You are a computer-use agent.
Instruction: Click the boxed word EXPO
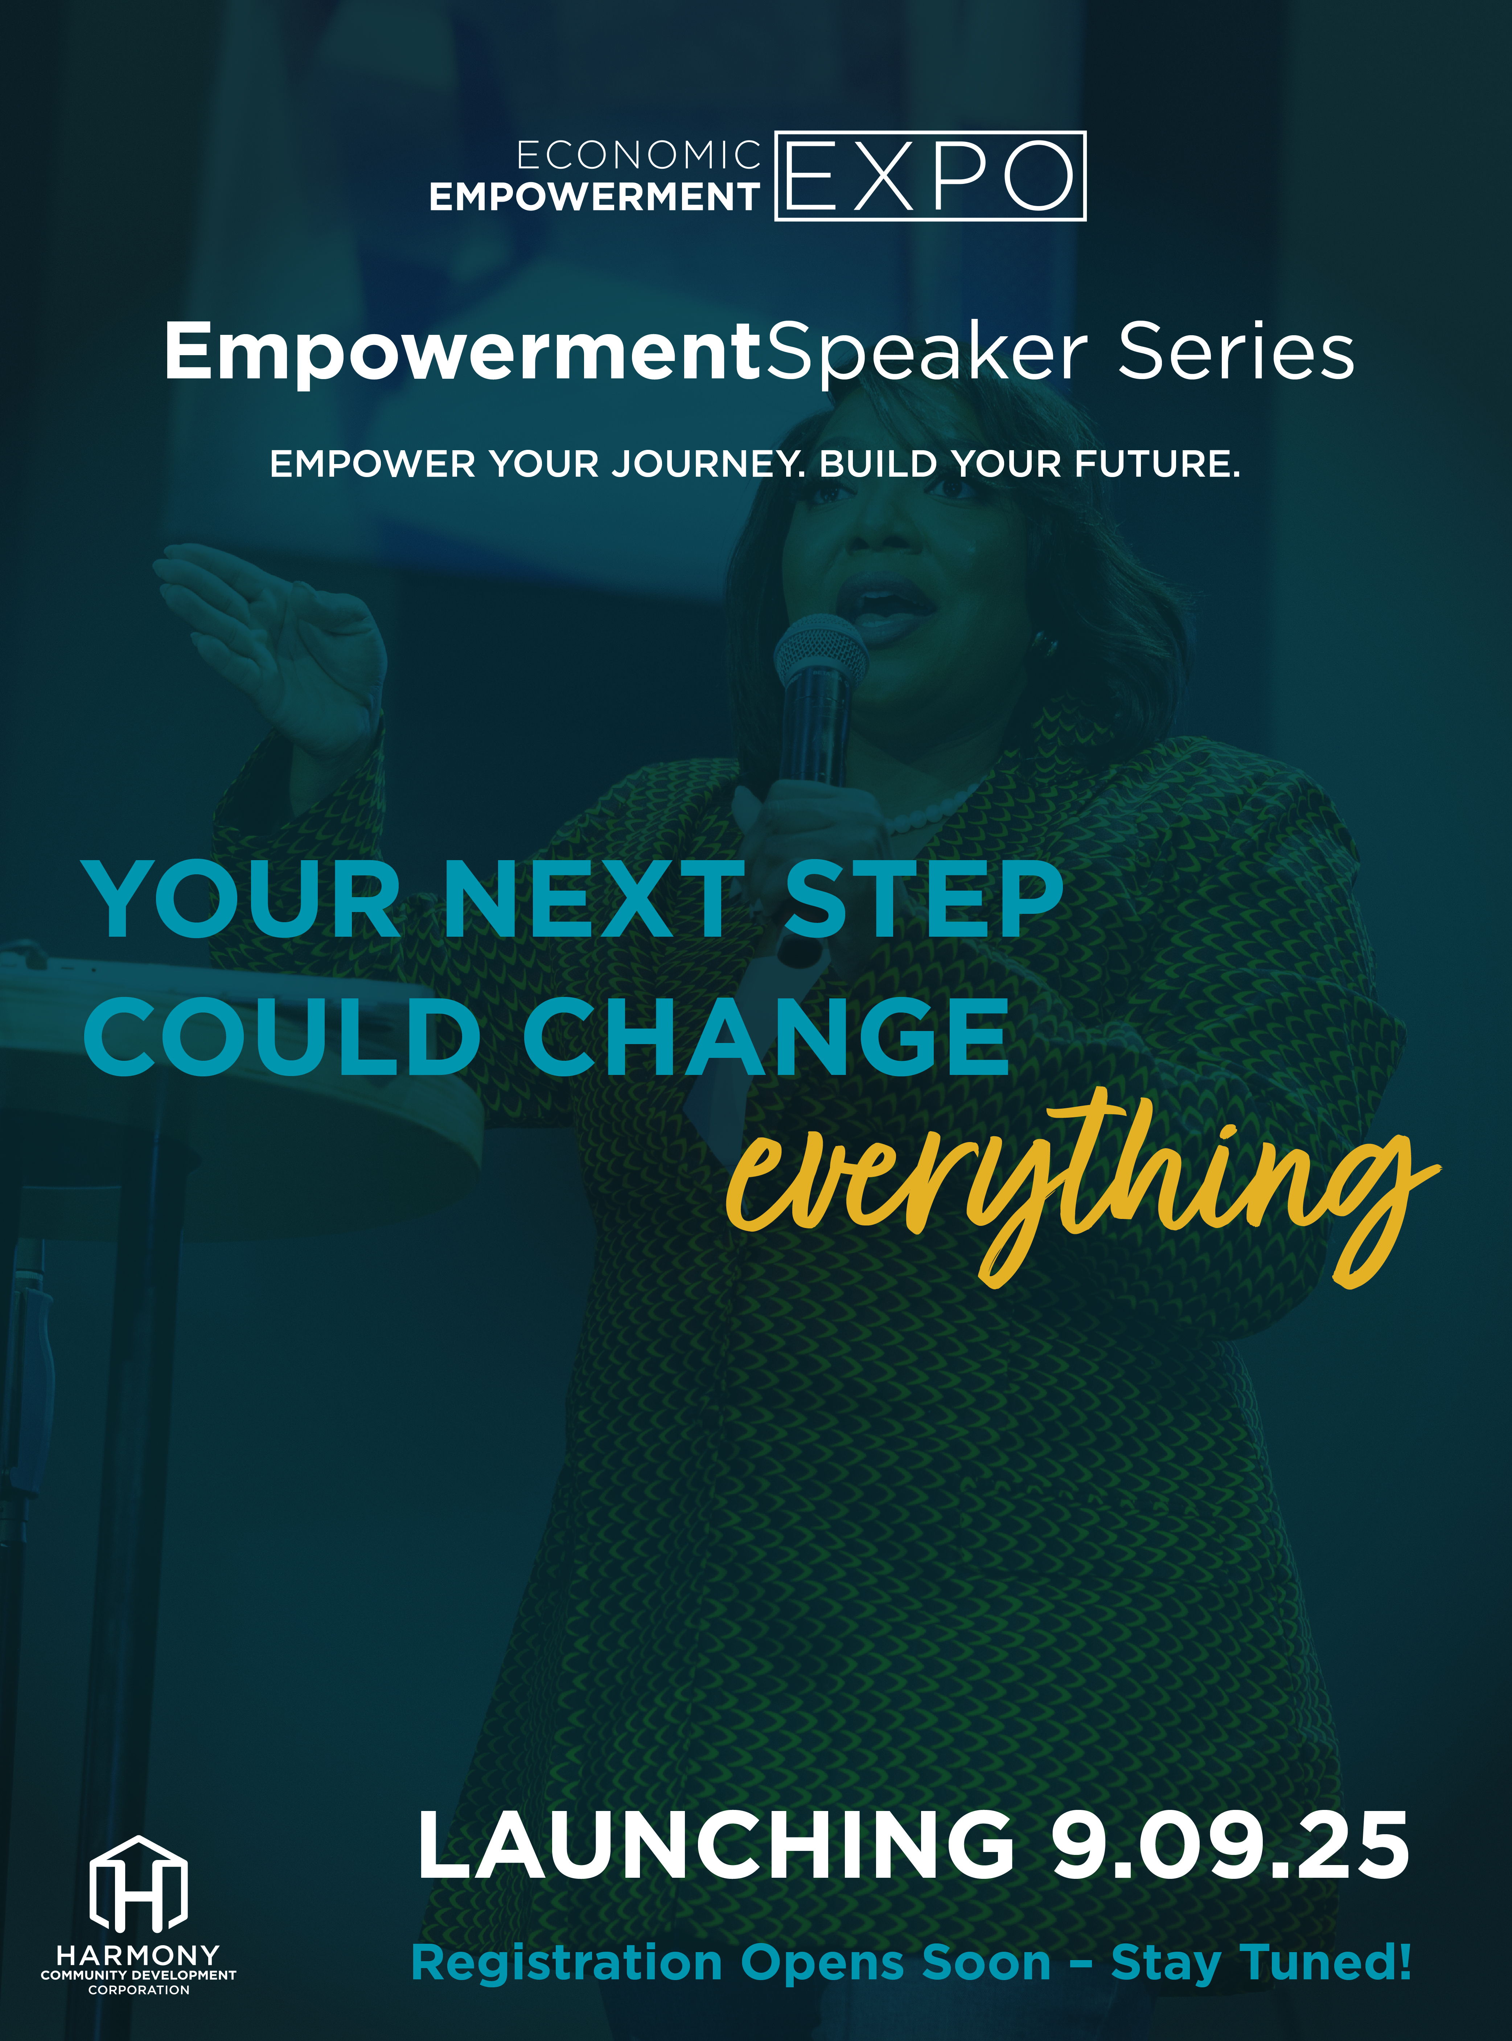(x=930, y=176)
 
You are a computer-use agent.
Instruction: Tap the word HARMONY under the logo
(x=138, y=1955)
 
